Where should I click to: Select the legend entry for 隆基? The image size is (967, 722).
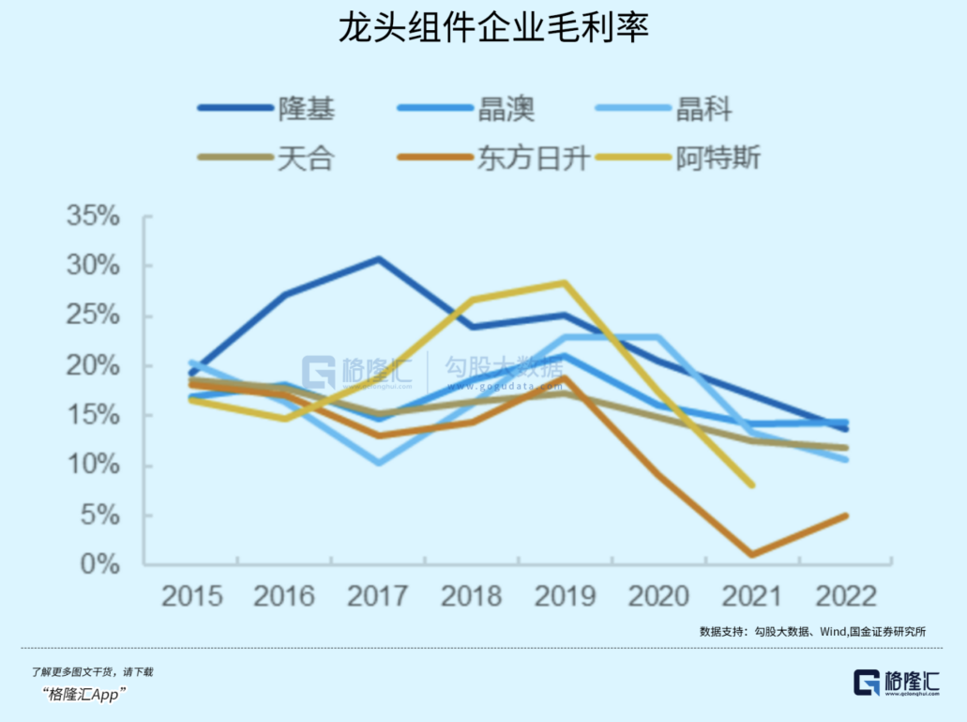267,109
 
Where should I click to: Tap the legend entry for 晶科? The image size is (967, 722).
665,109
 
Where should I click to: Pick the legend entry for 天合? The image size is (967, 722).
267,158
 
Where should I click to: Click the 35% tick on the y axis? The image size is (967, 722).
94,218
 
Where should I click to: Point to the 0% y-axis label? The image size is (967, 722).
100,565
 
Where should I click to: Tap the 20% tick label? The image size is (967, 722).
94,366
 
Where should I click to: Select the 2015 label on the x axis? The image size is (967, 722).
191,596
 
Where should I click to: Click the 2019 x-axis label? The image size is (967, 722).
566,596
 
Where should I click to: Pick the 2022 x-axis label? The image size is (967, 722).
846,596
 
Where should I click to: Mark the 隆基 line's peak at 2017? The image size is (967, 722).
378,258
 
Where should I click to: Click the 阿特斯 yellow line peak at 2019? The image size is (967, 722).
565,283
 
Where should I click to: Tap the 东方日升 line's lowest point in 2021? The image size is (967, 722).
752,555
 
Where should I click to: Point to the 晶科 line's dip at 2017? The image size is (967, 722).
378,463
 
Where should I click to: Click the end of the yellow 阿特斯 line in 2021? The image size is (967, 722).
751,485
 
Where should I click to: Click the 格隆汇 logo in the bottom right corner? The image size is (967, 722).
896,683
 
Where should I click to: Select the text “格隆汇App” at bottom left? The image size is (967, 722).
84,694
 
